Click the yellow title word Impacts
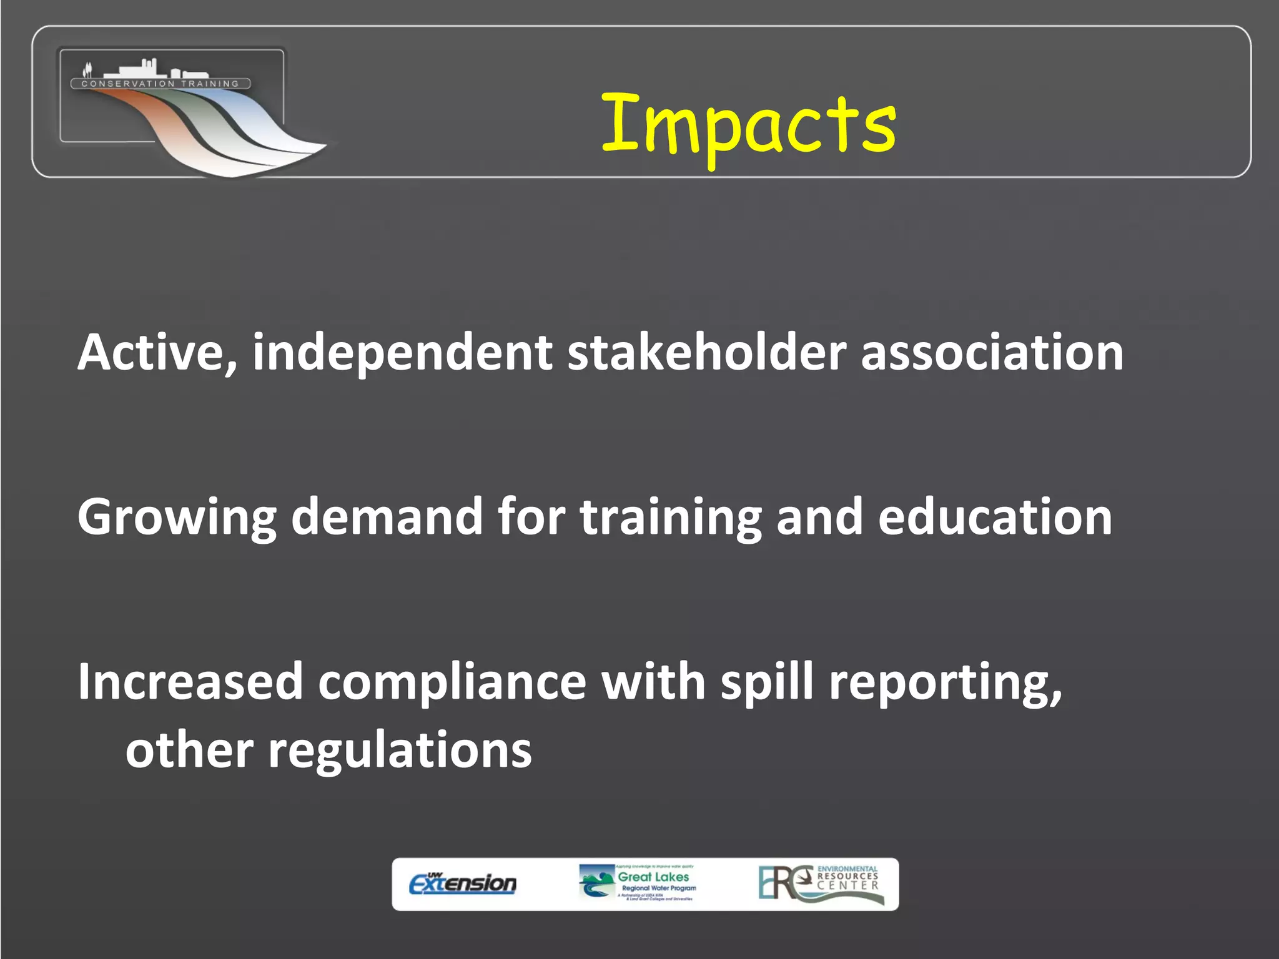point(748,125)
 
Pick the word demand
point(387,517)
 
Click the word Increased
point(190,681)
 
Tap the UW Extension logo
point(463,883)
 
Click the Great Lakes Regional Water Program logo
point(638,883)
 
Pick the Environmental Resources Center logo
point(821,883)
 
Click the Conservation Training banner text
point(160,84)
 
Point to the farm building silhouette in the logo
point(141,69)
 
